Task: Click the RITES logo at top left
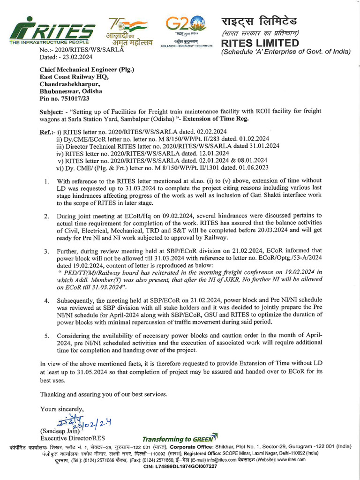(x=52, y=32)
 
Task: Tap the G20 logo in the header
(x=186, y=30)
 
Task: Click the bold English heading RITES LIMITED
(x=260, y=43)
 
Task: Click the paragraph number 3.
(x=46, y=251)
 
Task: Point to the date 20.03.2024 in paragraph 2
(x=257, y=230)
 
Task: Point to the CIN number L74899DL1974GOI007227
(x=180, y=466)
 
